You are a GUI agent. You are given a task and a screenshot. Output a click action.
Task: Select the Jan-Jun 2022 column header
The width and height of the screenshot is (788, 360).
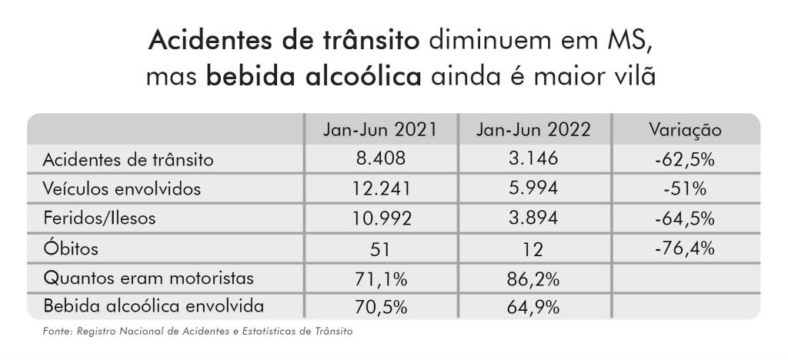pos(534,130)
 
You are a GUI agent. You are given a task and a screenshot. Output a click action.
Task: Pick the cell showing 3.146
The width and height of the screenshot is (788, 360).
pos(534,160)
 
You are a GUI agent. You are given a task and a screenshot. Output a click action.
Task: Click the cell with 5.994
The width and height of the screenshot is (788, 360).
pos(534,189)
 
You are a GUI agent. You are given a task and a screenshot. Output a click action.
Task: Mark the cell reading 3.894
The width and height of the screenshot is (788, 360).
pos(534,218)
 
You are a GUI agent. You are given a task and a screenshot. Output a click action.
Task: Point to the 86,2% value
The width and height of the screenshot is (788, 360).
pos(534,278)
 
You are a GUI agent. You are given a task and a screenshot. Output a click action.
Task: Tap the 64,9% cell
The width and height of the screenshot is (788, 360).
pos(534,307)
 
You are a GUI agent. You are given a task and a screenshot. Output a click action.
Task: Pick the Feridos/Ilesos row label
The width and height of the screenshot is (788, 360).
pos(99,218)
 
